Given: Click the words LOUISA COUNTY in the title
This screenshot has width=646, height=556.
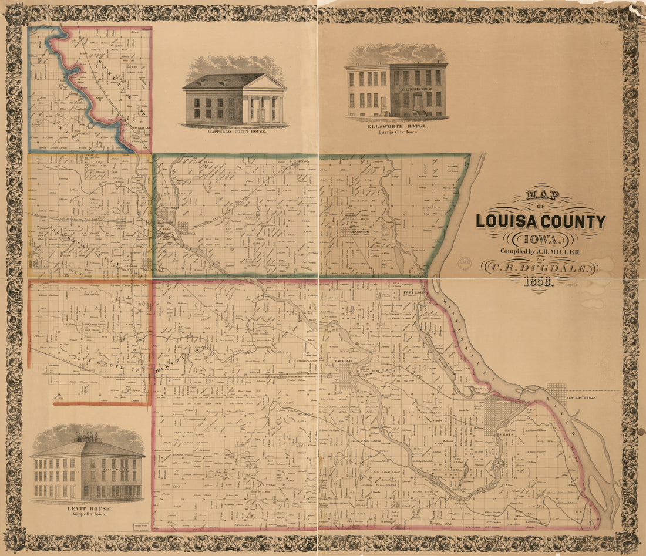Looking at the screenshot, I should (x=540, y=221).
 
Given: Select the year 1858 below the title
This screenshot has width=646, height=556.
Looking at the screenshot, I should (x=540, y=281).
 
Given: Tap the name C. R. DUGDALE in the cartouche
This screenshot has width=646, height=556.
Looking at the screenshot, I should (x=540, y=267).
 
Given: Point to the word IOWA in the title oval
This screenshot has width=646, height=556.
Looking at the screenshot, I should (x=539, y=239).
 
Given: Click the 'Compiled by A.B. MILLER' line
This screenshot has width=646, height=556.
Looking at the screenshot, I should (x=539, y=251).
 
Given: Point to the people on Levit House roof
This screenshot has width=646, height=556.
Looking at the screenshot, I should (x=87, y=437).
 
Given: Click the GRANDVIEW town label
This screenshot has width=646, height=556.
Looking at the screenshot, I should (x=359, y=232).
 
